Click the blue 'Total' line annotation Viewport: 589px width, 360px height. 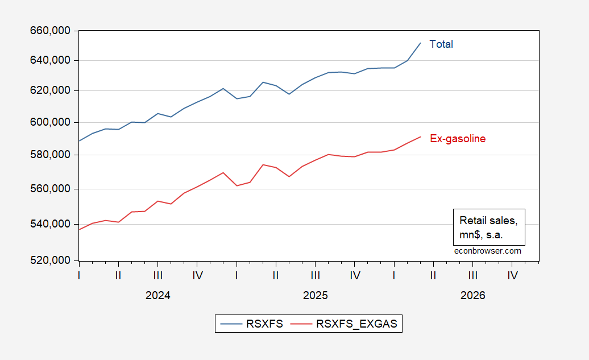pyautogui.click(x=441, y=44)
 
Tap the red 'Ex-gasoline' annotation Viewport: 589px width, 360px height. pyautogui.click(x=457, y=138)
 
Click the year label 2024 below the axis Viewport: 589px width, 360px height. pyautogui.click(x=157, y=296)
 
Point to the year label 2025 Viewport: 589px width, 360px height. pyautogui.click(x=315, y=296)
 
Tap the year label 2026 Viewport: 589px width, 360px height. pyautogui.click(x=472, y=296)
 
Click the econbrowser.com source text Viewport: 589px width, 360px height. pyautogui.click(x=488, y=250)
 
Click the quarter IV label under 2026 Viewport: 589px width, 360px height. pyautogui.click(x=512, y=276)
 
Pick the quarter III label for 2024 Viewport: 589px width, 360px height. pyautogui.click(x=158, y=276)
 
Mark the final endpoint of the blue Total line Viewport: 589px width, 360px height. pyautogui.click(x=421, y=43)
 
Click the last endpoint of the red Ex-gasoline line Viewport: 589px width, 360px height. pyautogui.click(x=421, y=136)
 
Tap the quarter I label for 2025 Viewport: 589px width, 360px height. pyautogui.click(x=237, y=276)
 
